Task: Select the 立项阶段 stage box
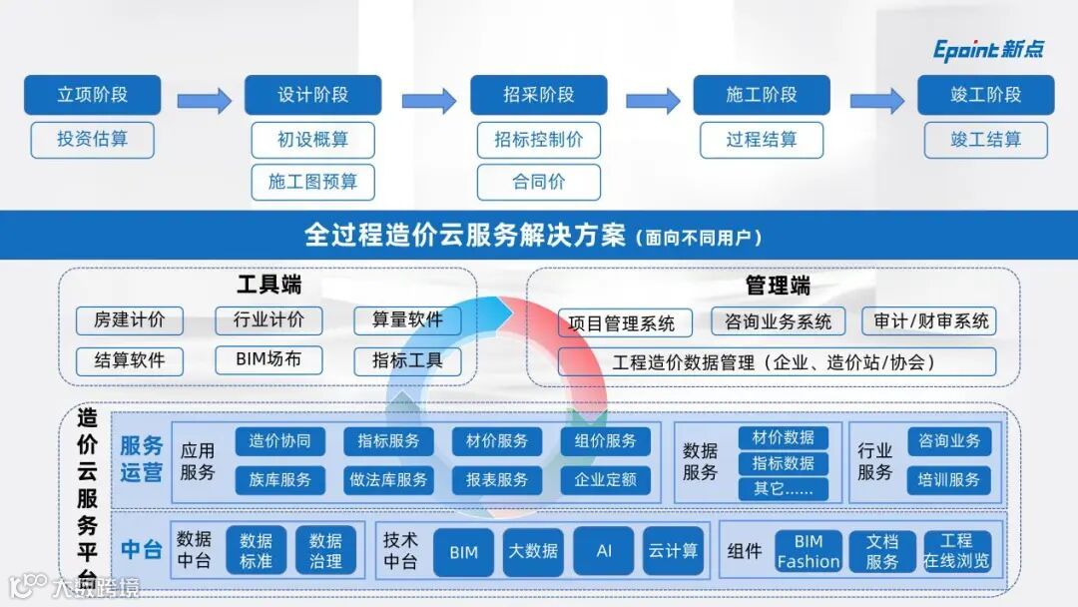(x=92, y=95)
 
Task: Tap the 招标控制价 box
(x=538, y=140)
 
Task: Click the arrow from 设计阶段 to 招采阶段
(x=428, y=100)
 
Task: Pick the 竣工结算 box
(x=985, y=140)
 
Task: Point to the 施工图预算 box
(x=312, y=182)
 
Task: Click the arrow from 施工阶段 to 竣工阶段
(x=876, y=100)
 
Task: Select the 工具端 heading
(x=269, y=286)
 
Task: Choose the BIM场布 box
(x=269, y=359)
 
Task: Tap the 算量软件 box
(x=407, y=320)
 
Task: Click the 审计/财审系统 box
(x=930, y=320)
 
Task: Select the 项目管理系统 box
(x=622, y=323)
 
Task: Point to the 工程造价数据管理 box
(x=776, y=362)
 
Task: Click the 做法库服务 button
(x=388, y=480)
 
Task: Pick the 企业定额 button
(x=605, y=480)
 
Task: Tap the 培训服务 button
(x=948, y=480)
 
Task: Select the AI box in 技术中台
(x=603, y=551)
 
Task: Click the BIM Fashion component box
(x=808, y=551)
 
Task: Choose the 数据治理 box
(x=325, y=551)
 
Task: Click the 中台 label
(x=141, y=549)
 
